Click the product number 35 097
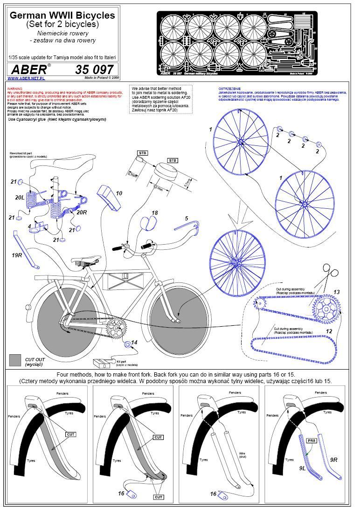[94, 69]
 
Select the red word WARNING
[15, 88]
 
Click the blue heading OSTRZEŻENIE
[229, 89]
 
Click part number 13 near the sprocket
[336, 292]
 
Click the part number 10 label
[119, 193]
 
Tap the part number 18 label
[154, 213]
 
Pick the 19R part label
[17, 255]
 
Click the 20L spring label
[20, 198]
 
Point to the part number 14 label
[134, 343]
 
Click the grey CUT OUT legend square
[15, 360]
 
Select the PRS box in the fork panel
[311, 440]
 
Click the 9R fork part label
[334, 460]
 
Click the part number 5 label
[186, 218]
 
